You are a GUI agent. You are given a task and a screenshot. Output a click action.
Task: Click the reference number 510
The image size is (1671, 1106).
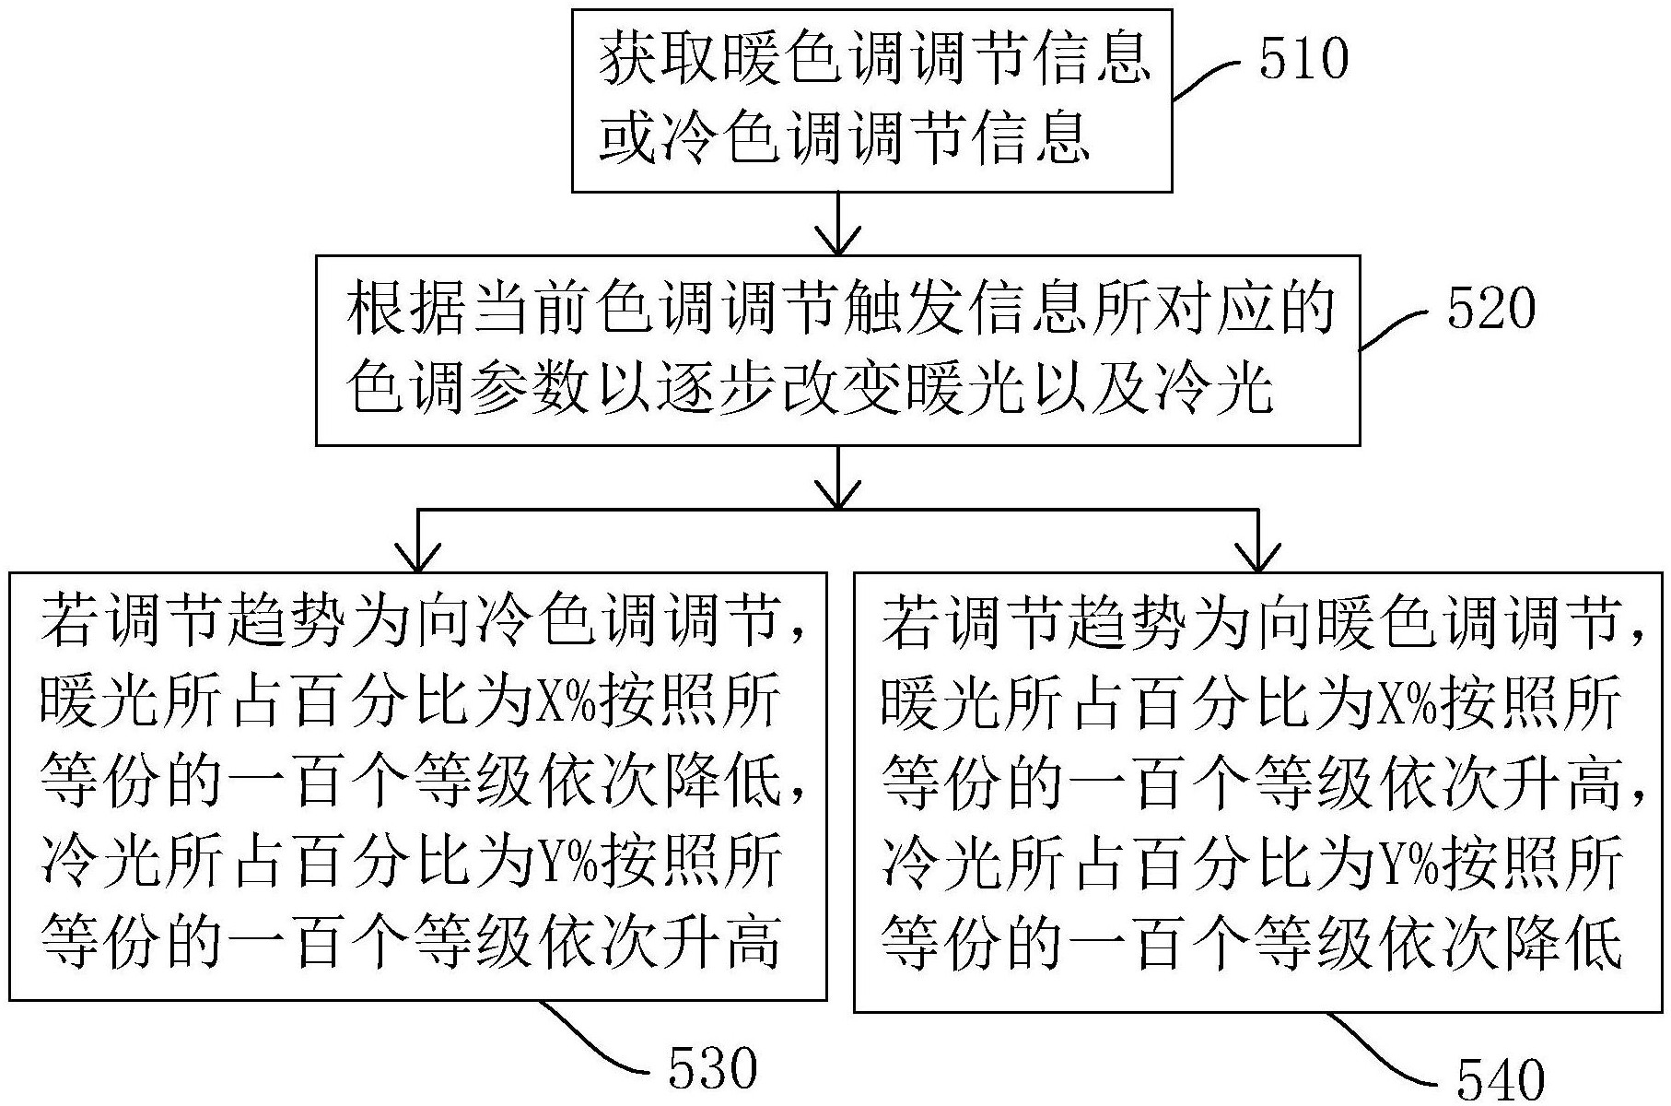pyautogui.click(x=1303, y=60)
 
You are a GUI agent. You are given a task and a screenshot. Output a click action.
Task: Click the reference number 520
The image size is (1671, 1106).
pyautogui.click(x=1490, y=310)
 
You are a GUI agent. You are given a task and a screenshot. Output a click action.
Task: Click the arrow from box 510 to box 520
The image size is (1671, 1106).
pyautogui.click(x=837, y=222)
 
